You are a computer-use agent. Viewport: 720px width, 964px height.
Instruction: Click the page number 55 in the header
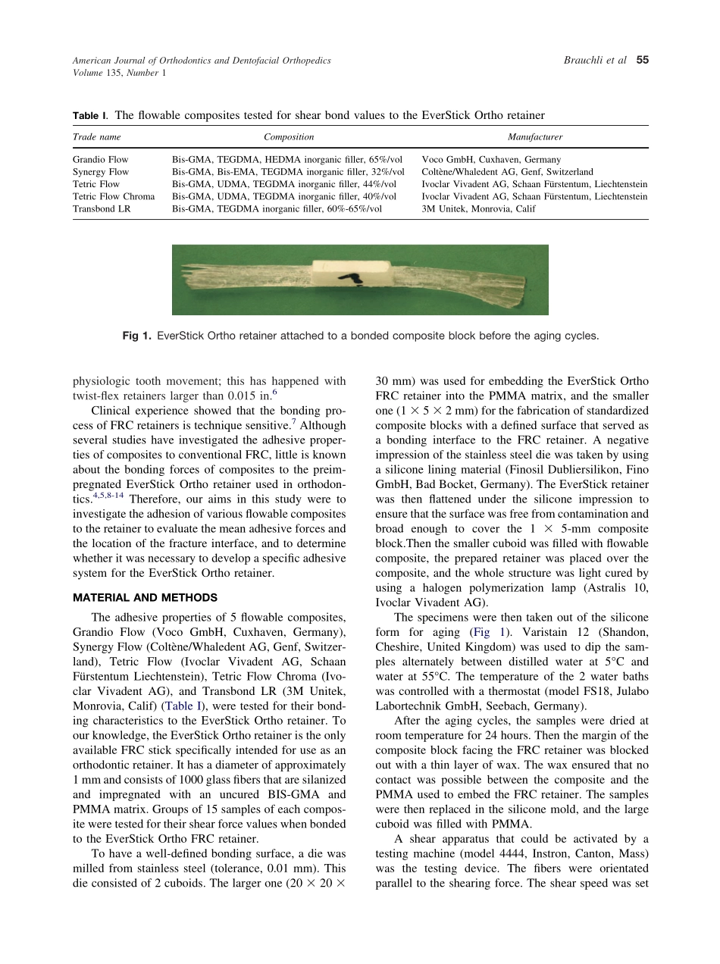[x=643, y=61]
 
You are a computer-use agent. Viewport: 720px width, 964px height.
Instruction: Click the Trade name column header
[x=96, y=137]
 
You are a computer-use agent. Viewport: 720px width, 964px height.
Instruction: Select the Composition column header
[x=288, y=137]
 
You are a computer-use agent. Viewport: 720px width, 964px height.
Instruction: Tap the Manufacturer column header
[x=534, y=137]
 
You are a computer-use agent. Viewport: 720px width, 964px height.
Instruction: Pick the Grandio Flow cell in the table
[x=100, y=160]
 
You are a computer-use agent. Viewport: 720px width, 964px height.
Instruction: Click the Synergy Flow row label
[x=100, y=172]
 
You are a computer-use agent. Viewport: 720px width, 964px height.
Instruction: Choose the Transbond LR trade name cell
[x=101, y=208]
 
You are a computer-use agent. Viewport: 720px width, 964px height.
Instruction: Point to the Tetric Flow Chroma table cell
[x=113, y=196]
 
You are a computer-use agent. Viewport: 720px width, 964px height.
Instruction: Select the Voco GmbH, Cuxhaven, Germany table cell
[x=491, y=160]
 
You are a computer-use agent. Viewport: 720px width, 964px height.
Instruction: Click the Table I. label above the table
[x=90, y=116]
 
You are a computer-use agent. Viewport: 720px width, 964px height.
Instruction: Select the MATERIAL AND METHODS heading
[x=145, y=597]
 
